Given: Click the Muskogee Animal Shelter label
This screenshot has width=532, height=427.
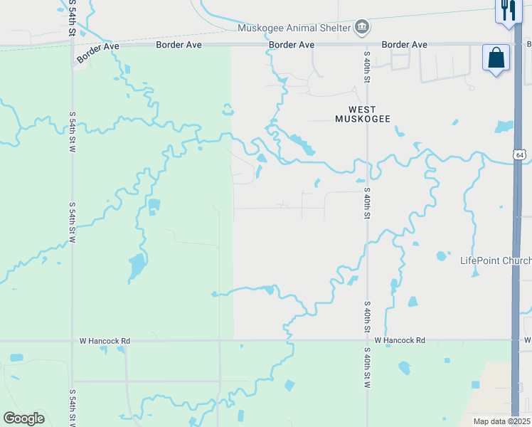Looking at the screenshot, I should (294, 28).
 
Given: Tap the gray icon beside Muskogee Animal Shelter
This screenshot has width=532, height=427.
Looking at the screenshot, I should (362, 27).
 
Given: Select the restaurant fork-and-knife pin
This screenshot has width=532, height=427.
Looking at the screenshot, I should (506, 10).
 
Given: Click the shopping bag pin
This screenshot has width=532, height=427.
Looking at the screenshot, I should (496, 58).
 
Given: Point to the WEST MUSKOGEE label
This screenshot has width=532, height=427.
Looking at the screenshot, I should (363, 114).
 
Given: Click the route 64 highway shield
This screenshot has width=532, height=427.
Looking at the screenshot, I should (521, 154).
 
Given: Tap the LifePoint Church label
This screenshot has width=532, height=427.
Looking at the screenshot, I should (495, 261).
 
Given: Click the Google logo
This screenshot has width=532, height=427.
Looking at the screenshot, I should (23, 418).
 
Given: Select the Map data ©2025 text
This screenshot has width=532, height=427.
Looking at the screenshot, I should (502, 421).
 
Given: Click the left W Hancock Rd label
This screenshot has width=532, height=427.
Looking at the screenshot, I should (105, 342).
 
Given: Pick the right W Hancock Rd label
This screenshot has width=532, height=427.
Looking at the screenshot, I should (400, 341).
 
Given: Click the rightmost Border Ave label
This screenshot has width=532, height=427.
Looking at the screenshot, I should (404, 45).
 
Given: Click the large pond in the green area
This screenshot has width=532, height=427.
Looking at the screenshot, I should (136, 266).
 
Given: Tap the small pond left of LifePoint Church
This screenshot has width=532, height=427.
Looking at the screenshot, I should (442, 255).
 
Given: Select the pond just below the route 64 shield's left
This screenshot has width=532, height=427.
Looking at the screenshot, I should (504, 127).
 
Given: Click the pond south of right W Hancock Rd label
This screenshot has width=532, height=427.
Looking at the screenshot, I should (404, 368).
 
